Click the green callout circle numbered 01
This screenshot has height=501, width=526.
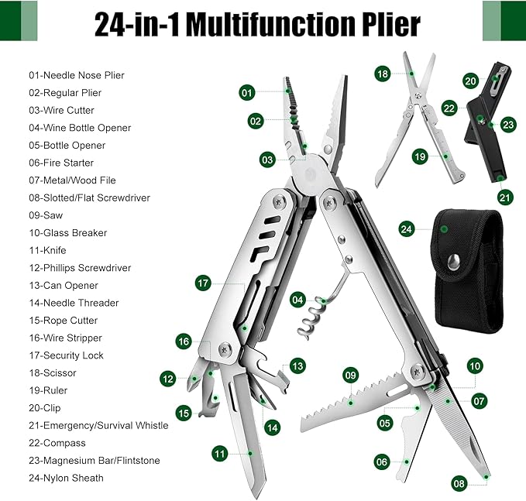[247, 93]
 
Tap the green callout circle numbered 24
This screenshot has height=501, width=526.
[407, 229]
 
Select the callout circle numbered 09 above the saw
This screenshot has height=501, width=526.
[351, 376]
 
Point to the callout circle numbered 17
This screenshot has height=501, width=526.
[203, 283]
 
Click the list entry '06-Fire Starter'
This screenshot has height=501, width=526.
[61, 163]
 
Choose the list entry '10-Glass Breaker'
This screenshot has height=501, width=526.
[67, 233]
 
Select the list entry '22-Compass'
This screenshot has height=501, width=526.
[57, 443]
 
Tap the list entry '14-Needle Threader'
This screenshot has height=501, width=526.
[74, 303]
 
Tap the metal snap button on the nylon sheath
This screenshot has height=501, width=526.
[453, 262]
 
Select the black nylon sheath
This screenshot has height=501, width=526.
[467, 271]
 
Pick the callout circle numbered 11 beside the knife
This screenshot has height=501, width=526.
[220, 454]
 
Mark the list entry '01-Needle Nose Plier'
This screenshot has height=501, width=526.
[77, 75]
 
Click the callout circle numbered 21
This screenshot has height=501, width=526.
[505, 197]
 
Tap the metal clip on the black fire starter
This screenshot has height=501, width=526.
[495, 81]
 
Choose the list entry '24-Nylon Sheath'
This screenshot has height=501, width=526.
[66, 479]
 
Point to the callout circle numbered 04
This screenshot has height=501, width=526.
[298, 300]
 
